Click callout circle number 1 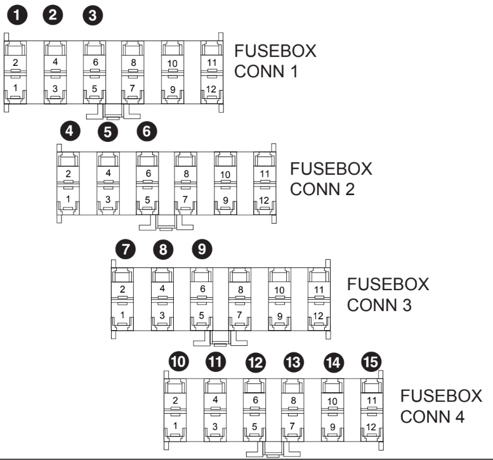click(15, 16)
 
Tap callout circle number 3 click(94, 16)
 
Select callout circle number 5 click(108, 132)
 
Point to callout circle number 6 click(147, 132)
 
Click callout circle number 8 click(163, 250)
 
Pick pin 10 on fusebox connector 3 click(279, 290)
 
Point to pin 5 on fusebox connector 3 click(202, 315)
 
